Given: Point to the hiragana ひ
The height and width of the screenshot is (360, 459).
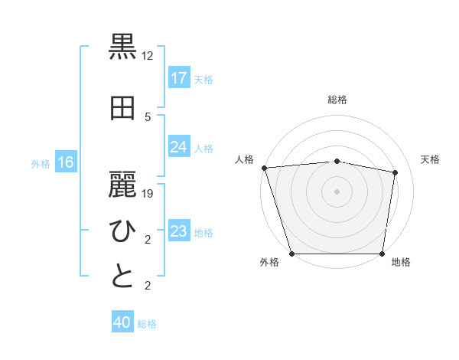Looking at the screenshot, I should (x=123, y=231).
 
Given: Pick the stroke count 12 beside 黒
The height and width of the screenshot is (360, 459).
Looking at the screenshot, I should (x=148, y=56).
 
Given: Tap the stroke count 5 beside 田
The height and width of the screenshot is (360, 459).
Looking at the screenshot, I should (x=148, y=116).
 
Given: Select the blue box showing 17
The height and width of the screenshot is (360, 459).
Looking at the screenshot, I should (x=179, y=77).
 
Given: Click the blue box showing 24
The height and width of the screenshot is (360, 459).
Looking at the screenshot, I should (x=179, y=147).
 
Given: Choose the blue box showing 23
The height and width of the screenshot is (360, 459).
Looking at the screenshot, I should (x=179, y=231).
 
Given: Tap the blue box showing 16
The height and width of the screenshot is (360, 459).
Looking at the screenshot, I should (x=66, y=162).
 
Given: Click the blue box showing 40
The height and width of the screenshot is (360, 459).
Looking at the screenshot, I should (x=122, y=322).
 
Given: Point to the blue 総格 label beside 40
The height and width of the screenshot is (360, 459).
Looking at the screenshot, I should (x=147, y=324).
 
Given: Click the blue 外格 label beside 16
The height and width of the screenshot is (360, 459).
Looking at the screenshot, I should (x=41, y=163).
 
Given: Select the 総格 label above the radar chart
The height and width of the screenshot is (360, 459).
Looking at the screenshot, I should (x=337, y=100).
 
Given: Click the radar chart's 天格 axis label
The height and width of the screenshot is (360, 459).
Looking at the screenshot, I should (x=431, y=159).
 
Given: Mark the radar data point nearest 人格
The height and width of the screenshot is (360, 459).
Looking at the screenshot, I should (x=264, y=168).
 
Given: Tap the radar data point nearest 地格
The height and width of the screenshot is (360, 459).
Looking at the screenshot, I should (x=382, y=254).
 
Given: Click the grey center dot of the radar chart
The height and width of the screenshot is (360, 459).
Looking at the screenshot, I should (x=337, y=191).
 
